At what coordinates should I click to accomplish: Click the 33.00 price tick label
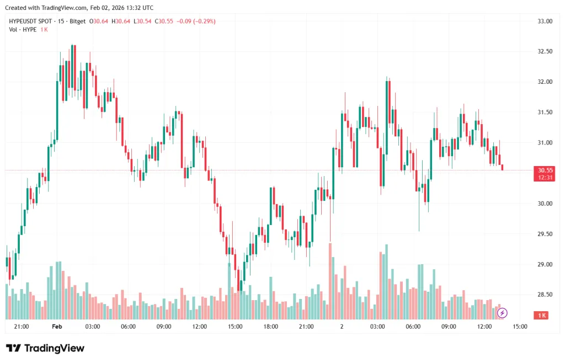(545, 21)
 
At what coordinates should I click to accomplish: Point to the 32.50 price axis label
(545, 51)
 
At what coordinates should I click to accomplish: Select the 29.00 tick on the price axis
(545, 264)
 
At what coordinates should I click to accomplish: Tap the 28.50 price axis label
(545, 295)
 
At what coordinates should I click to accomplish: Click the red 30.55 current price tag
(546, 170)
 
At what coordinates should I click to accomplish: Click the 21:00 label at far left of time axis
(21, 327)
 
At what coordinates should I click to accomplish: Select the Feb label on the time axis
(57, 327)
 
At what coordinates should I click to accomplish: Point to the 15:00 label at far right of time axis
(520, 327)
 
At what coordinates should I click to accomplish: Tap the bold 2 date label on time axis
(342, 327)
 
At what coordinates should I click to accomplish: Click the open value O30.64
(100, 22)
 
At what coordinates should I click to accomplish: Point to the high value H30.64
(121, 22)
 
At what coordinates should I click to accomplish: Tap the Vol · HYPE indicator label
(23, 29)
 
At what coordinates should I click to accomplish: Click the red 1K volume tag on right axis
(541, 315)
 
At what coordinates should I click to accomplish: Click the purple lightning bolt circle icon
(502, 313)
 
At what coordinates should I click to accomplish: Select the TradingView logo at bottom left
(45, 348)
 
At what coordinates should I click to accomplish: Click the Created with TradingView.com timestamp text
(79, 8)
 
